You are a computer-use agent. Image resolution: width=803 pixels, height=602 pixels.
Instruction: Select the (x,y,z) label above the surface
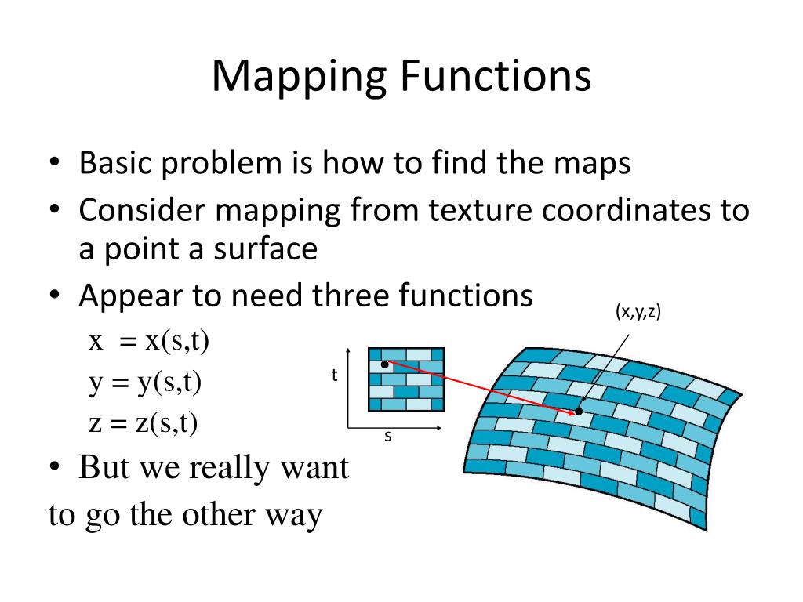pyautogui.click(x=638, y=312)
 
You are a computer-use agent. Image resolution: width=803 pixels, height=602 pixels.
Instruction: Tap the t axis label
pyautogui.click(x=334, y=375)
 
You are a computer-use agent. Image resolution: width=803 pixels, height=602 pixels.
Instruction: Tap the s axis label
pyautogui.click(x=387, y=437)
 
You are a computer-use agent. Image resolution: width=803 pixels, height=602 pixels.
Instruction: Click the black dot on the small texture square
pyautogui.click(x=384, y=364)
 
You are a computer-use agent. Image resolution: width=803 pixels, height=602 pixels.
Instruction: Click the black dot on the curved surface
pyautogui.click(x=579, y=411)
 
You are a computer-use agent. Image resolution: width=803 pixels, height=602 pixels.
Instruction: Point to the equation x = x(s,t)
pyautogui.click(x=149, y=343)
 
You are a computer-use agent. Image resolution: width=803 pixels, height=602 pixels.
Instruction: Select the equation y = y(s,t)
pyautogui.click(x=145, y=383)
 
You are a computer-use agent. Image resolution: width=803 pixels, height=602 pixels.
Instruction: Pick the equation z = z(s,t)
pyautogui.click(x=144, y=423)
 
